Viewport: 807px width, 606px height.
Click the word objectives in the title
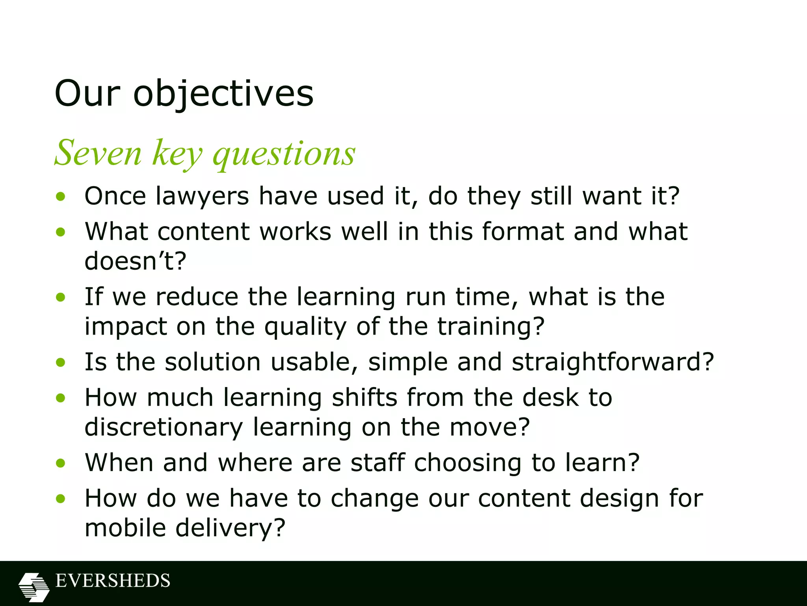point(223,94)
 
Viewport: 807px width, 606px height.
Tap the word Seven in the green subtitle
point(98,153)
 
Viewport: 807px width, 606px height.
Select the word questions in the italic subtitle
point(284,154)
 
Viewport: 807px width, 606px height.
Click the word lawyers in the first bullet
point(202,196)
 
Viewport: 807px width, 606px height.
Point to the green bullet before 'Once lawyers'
point(60,196)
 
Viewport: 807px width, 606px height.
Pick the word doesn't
point(135,261)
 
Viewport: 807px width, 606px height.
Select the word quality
point(305,327)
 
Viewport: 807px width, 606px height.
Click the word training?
point(491,327)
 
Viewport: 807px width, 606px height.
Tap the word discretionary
point(164,427)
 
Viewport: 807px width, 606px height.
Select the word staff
point(377,462)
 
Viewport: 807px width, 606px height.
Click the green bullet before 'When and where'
point(60,463)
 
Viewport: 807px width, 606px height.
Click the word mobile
point(125,528)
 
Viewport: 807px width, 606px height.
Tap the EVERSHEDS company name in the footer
point(113,581)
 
